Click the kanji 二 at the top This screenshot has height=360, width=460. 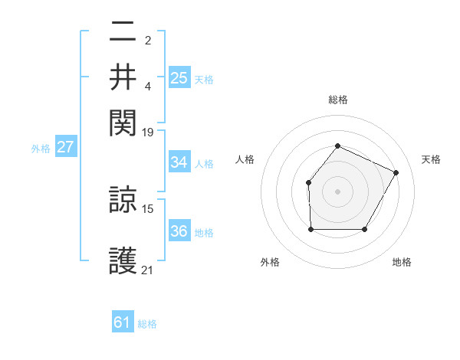coord(123,33)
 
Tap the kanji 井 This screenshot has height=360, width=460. coord(123,77)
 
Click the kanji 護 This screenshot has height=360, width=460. coord(123,260)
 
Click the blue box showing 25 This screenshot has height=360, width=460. coord(179,77)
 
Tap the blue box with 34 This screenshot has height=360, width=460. coord(179,162)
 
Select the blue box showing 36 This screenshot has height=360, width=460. coord(179,232)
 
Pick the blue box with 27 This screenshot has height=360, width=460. coord(65,147)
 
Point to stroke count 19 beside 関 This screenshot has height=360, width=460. coord(148,132)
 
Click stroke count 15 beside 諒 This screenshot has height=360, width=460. coord(148,208)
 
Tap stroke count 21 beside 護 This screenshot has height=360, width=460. coord(148,270)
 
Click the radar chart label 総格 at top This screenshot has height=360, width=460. coord(337,100)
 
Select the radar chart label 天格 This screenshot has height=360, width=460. coord(431,159)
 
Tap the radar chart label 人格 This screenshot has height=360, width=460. coord(245,159)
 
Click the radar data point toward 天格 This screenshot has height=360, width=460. coord(396,172)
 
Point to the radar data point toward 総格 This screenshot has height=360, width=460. coord(337,146)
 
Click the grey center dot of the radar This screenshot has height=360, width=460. coord(337,191)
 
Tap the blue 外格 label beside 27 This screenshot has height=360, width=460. coord(40,149)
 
